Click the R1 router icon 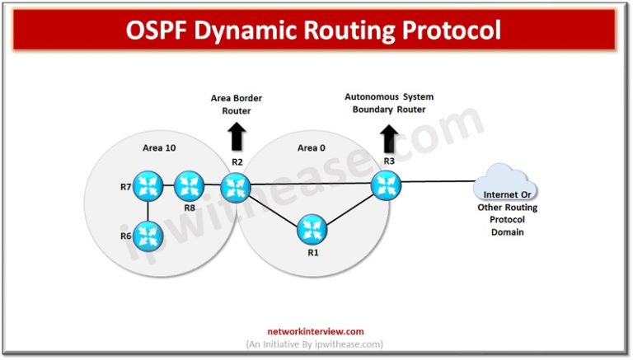[x=312, y=229]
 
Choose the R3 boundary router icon [x=384, y=184]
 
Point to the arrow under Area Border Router [x=237, y=134]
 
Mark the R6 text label [x=126, y=236]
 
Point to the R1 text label [x=312, y=253]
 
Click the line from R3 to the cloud [x=437, y=182]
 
